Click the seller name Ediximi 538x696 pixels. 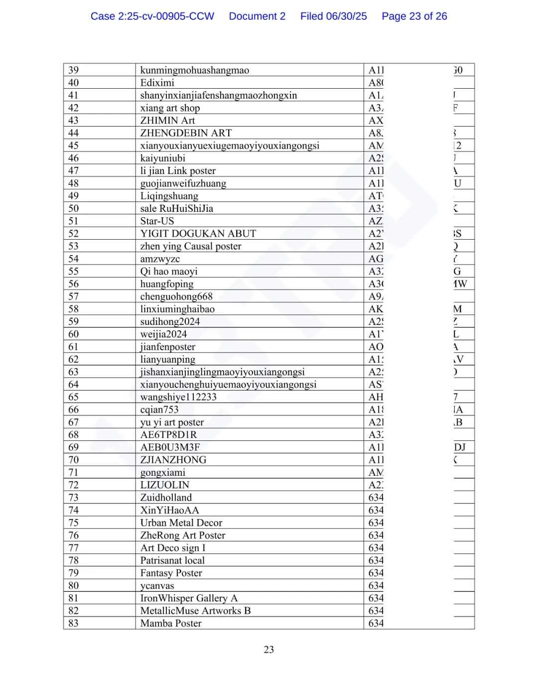157,83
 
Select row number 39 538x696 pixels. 73,70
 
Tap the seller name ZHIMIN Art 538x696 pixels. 167,121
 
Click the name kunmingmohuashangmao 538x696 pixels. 194,70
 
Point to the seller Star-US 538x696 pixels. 157,221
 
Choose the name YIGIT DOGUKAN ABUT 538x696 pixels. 198,234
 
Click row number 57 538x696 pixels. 73,296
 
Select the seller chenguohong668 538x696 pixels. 176,296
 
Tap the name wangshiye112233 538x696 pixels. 178,397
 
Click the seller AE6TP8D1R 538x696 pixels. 168,435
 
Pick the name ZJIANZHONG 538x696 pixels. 173,460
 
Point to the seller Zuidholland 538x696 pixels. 166,498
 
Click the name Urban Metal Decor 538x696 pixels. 181,523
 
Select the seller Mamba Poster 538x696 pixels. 171,623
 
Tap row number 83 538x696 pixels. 73,623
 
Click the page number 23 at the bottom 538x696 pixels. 269,650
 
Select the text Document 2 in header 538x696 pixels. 257,16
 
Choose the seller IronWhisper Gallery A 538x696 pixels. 189,598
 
